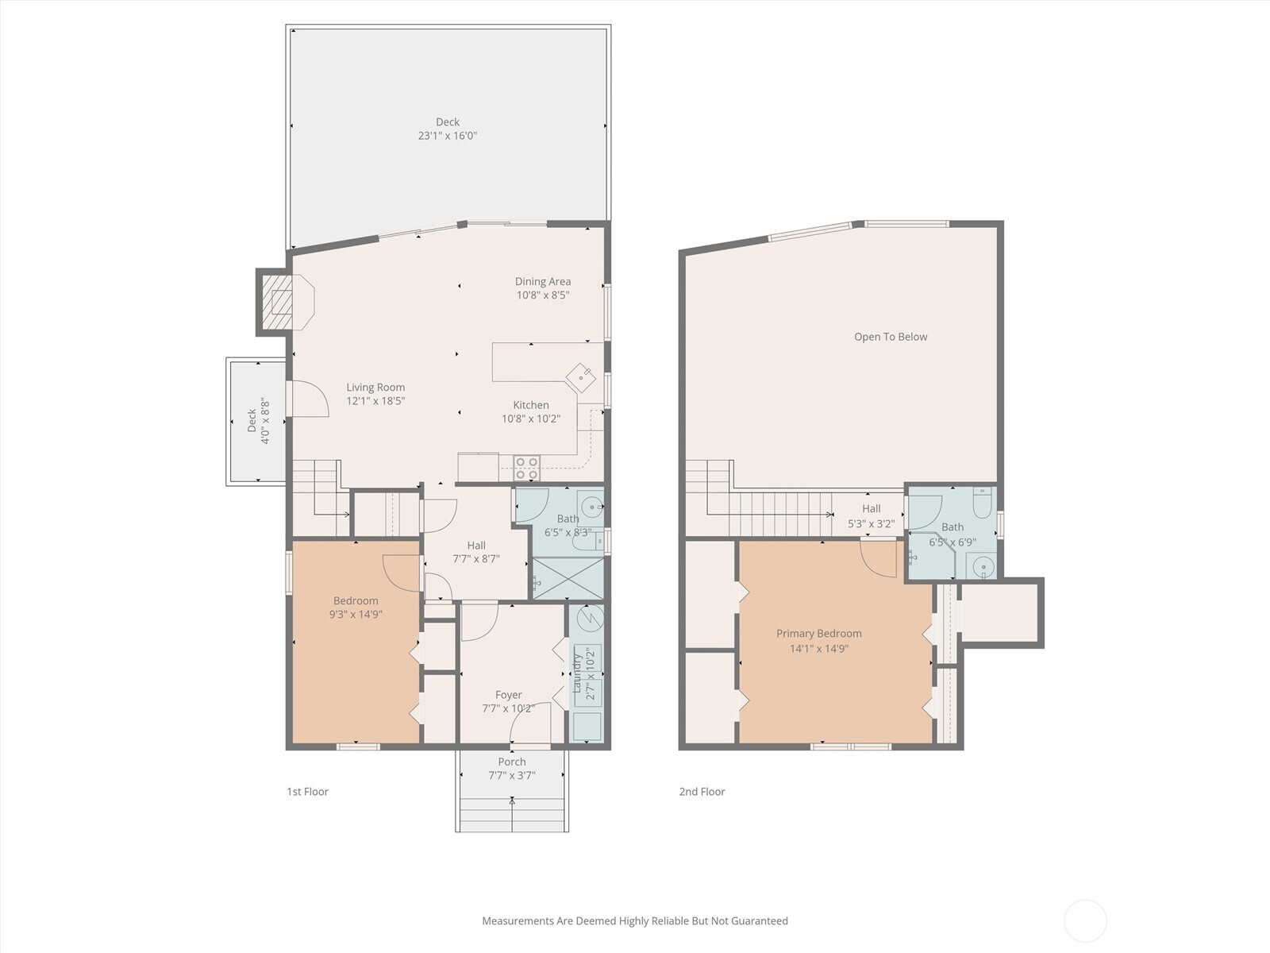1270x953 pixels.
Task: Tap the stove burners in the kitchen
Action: pyautogui.click(x=526, y=468)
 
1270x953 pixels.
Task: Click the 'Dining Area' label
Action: pyautogui.click(x=543, y=281)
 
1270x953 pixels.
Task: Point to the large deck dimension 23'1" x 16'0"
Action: pyautogui.click(x=448, y=136)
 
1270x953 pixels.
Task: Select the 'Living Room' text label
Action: pyautogui.click(x=375, y=388)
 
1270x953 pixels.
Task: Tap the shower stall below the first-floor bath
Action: pyautogui.click(x=568, y=578)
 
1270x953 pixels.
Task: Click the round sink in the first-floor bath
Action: pyautogui.click(x=591, y=506)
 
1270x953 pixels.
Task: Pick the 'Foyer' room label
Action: pyautogui.click(x=508, y=695)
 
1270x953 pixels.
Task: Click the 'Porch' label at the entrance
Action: pyautogui.click(x=512, y=762)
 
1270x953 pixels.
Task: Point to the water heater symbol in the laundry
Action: pyautogui.click(x=588, y=619)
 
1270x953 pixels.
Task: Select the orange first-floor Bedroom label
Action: pyautogui.click(x=356, y=600)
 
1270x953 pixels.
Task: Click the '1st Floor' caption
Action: pyautogui.click(x=307, y=792)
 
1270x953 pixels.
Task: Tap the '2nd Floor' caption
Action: pyautogui.click(x=702, y=792)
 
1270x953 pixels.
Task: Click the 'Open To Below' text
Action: pyautogui.click(x=891, y=337)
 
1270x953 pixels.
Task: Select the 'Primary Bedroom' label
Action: pyautogui.click(x=818, y=634)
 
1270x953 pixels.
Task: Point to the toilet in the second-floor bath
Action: pyautogui.click(x=981, y=502)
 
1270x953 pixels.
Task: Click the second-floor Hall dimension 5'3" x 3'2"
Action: pyautogui.click(x=871, y=524)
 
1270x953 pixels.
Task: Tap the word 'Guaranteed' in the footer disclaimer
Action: pyautogui.click(x=759, y=921)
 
